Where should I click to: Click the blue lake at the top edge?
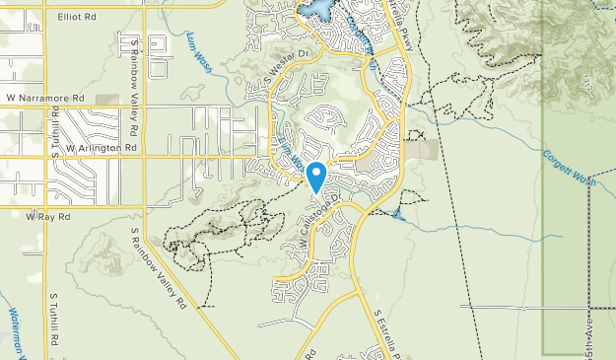point(317,9)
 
